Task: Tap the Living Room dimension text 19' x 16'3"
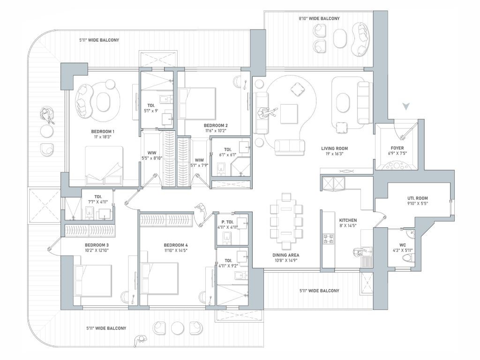334,154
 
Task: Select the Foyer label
397,148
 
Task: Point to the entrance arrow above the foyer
406,106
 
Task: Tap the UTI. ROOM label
418,198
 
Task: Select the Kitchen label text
348,220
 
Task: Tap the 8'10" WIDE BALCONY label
319,18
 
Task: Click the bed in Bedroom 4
159,279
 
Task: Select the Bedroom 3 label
97,245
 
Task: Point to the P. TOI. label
227,222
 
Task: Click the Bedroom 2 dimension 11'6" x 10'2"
216,131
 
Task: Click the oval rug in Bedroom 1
103,102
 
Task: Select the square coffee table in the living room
289,114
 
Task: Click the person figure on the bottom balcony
140,341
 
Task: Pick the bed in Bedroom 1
104,165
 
